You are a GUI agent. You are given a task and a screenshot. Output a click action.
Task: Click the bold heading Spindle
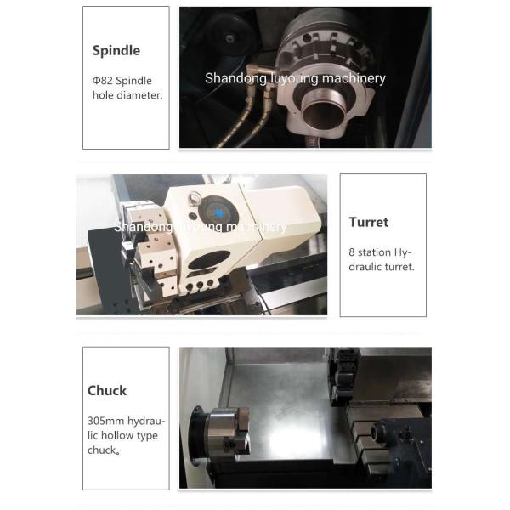tap(116, 51)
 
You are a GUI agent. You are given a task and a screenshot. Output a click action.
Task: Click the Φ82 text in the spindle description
tap(102, 81)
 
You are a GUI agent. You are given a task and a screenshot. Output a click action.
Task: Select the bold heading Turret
tap(369, 222)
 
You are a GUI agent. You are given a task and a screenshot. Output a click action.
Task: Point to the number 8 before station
tap(352, 252)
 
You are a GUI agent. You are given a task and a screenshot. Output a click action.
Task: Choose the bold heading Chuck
tap(107, 391)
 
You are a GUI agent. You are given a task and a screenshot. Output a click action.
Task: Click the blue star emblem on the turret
tap(218, 213)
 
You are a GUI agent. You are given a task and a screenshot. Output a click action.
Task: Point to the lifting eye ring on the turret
tap(195, 197)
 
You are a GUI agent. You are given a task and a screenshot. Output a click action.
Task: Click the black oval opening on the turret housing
tap(209, 260)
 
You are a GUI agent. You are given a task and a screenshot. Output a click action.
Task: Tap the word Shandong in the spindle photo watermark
tap(235, 79)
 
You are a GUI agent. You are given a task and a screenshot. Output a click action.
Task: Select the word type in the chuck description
tap(147, 436)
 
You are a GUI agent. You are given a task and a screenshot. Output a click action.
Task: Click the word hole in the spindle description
tap(103, 95)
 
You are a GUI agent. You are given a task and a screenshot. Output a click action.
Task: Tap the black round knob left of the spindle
tap(231, 35)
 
